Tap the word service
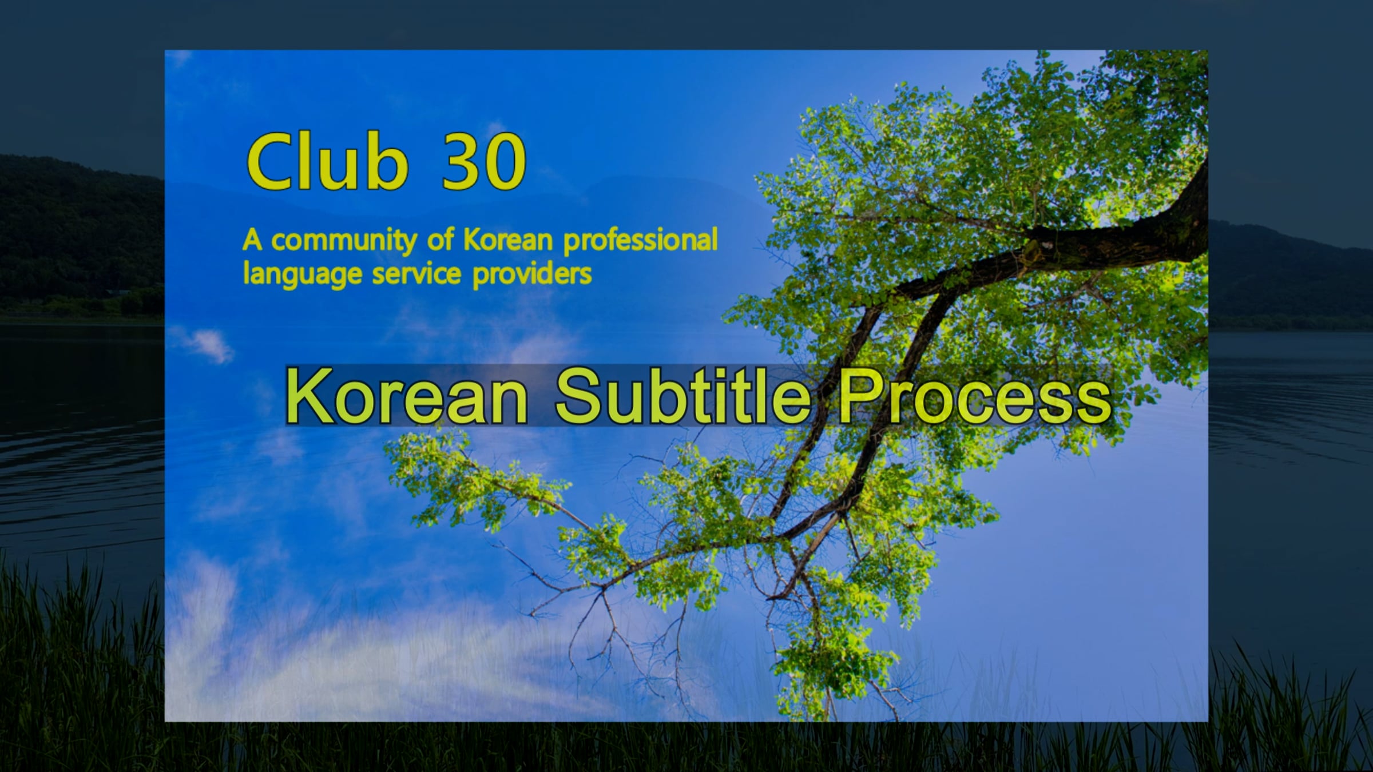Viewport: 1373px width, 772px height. pos(416,274)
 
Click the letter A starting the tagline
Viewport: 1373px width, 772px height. pos(252,241)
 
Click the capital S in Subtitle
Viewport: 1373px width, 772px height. pos(579,396)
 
